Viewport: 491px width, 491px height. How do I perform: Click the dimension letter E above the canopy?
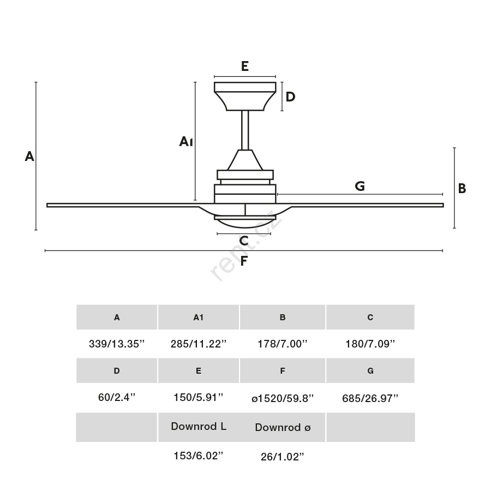[x=245, y=66]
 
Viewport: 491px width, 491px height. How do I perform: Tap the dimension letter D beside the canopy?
[x=290, y=97]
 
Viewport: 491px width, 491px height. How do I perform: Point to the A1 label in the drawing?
[x=186, y=141]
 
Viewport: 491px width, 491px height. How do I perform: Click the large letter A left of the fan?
[x=29, y=156]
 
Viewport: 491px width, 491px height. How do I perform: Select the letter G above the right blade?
[x=360, y=186]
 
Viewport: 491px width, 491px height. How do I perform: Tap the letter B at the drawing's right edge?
[x=462, y=189]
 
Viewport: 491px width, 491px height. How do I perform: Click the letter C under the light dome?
[x=244, y=241]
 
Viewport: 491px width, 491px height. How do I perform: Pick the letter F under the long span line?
[x=244, y=261]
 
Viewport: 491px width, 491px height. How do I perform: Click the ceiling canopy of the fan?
[x=245, y=96]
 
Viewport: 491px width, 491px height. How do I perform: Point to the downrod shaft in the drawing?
[x=245, y=130]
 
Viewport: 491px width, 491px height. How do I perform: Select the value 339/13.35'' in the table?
[x=117, y=344]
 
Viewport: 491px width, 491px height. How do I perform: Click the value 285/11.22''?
[x=199, y=344]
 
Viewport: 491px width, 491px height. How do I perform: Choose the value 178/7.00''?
[x=283, y=344]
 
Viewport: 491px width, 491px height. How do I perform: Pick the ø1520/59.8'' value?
[x=283, y=398]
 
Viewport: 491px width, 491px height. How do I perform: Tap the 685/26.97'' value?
[x=370, y=398]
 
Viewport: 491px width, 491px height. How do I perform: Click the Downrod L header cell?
[x=199, y=427]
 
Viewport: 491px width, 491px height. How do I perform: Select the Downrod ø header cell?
[x=283, y=427]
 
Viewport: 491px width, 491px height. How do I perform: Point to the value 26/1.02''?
[x=283, y=457]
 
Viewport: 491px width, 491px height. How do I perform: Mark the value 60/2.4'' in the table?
[x=117, y=397]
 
